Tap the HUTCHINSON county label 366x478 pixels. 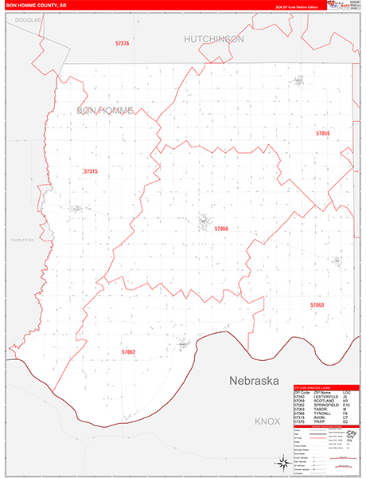pos(214,38)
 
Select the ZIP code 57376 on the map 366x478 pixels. pos(122,43)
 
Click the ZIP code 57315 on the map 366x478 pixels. pos(90,171)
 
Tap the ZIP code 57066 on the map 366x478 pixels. pos(221,229)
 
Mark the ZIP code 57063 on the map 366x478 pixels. pos(317,305)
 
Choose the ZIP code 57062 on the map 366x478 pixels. pos(129,351)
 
